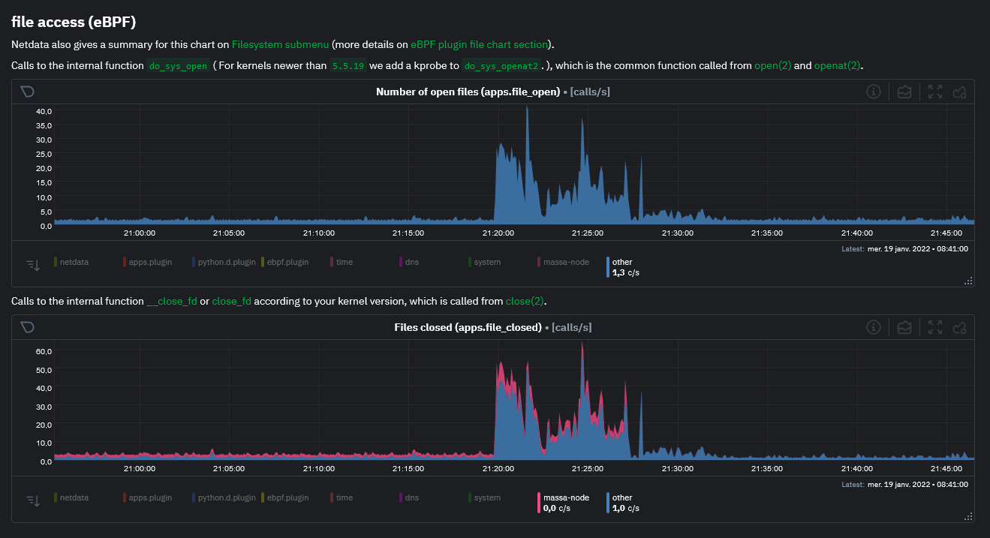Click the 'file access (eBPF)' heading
74,22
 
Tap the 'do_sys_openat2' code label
501,66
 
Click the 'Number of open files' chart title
468,92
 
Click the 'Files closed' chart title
468,327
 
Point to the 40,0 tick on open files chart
44,111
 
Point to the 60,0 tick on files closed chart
44,351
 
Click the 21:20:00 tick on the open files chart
498,233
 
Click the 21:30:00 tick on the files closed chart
678,468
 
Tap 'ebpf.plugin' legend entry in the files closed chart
287,497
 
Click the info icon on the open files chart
873,92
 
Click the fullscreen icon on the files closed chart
935,327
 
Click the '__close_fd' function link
172,302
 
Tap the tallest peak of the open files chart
527,108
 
